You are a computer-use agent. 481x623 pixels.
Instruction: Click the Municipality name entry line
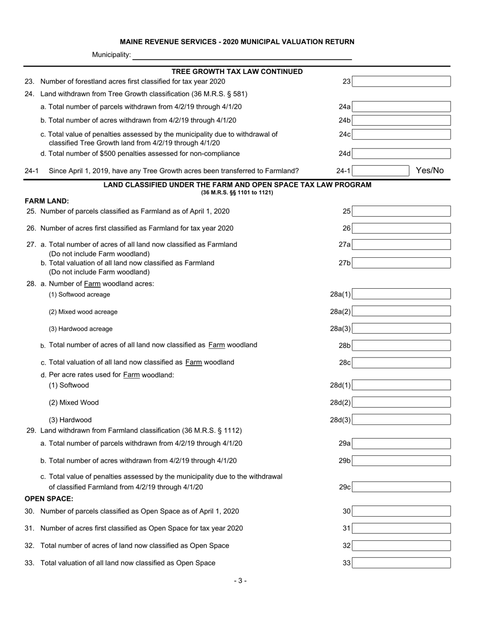[242, 55]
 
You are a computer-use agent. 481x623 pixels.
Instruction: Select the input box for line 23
[401, 82]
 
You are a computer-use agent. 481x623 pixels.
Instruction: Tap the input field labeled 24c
[401, 135]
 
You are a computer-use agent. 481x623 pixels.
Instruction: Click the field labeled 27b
[401, 263]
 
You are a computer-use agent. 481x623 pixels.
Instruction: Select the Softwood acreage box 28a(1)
[401, 294]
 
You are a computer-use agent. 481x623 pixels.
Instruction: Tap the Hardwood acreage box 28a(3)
[401, 329]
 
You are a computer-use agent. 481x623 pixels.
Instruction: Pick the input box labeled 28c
[401, 363]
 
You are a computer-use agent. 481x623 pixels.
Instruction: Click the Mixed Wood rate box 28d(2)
[401, 403]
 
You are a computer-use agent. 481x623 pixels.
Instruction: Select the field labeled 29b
[401, 461]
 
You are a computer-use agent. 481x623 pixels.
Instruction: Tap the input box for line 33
[401, 563]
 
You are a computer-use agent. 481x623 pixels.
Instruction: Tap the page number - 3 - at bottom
[240, 581]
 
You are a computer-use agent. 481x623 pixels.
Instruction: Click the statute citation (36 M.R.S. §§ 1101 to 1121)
[237, 192]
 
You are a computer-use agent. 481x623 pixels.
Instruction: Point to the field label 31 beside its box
[346, 528]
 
